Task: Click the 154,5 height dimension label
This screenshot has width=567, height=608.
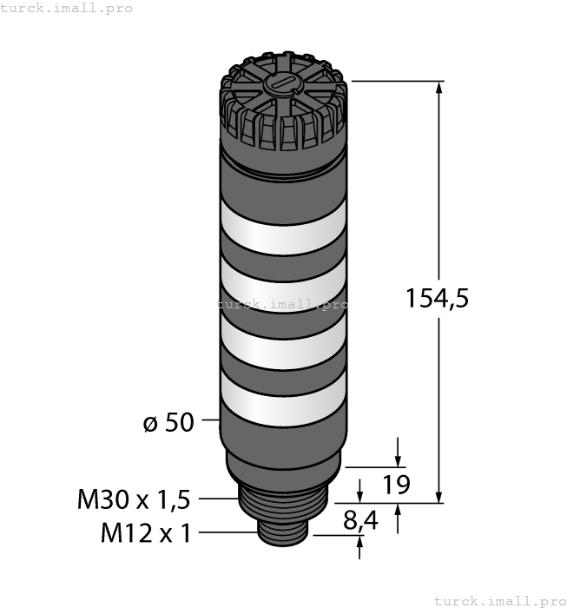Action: tap(437, 299)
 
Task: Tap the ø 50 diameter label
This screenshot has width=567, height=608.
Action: tap(168, 422)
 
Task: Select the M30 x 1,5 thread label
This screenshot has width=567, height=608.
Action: tap(134, 499)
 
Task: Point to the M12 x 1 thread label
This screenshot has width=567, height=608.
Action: tap(146, 532)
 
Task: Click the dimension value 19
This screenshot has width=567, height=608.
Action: tap(396, 485)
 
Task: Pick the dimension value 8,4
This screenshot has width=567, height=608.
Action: tap(360, 520)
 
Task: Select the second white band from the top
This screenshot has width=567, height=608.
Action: tap(283, 286)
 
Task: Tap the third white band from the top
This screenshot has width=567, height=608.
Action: tap(283, 343)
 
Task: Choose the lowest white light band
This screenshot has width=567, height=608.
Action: tap(283, 400)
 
